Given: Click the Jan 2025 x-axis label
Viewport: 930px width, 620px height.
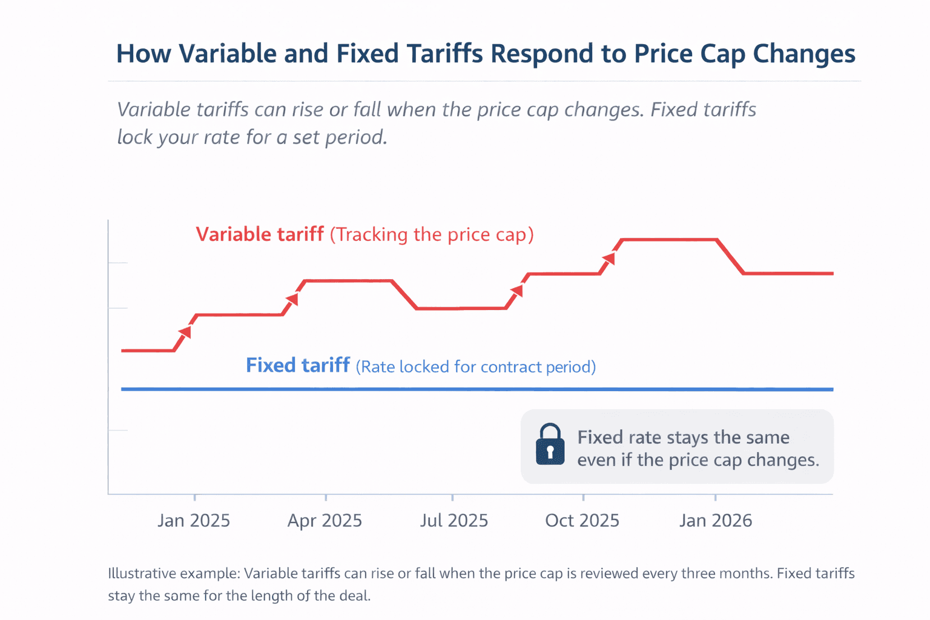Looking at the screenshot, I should coord(194,521).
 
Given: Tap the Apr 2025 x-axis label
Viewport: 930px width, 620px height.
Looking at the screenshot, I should coord(325,521).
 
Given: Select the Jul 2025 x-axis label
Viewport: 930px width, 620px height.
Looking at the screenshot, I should coord(454,521).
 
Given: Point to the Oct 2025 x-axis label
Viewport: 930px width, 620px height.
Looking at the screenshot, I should coord(582,521).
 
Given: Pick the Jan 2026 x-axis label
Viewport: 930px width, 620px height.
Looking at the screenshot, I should coord(715,521).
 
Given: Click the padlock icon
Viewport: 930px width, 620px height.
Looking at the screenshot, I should coord(550,444).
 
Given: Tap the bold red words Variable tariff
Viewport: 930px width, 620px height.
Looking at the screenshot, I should coord(259,234).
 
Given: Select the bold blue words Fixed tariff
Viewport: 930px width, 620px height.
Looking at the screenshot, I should coord(297,366).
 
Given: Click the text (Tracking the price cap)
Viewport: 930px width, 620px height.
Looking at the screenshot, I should coord(432,235).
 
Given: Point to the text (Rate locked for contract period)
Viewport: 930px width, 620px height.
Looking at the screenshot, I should coord(475,367).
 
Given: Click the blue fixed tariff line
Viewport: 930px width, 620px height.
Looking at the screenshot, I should coord(424,389).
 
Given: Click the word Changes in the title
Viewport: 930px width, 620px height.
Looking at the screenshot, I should coord(804,54).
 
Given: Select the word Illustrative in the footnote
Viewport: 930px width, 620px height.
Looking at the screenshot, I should coord(142,573).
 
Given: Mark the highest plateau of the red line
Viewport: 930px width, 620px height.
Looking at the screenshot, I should coord(669,240).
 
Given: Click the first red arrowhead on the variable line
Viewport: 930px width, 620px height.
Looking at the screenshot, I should coord(186,332).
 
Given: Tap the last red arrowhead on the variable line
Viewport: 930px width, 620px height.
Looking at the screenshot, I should coord(609,259).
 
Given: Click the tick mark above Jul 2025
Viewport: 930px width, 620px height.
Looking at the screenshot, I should coord(452,497).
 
